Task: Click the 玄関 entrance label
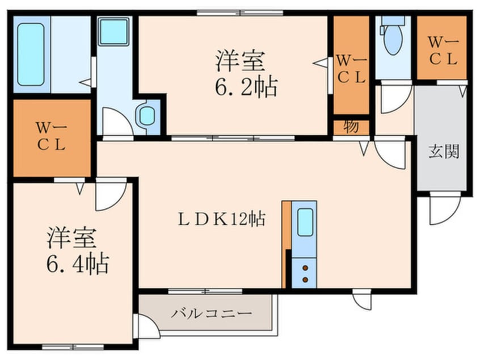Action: pos(443,152)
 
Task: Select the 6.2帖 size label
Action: pos(246,87)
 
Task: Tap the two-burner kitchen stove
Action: pos(305,273)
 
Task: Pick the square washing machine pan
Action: pos(114,32)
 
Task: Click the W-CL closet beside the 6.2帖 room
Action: pos(351,68)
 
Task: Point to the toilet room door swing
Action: pos(393,98)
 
